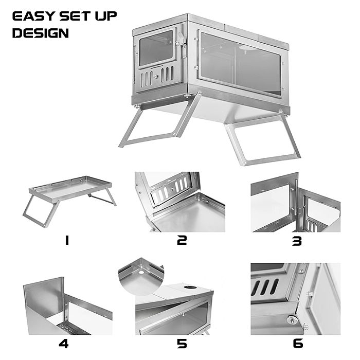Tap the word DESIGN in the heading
(40, 34)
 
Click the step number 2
(182, 240)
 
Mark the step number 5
(182, 344)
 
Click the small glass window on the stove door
(156, 48)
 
